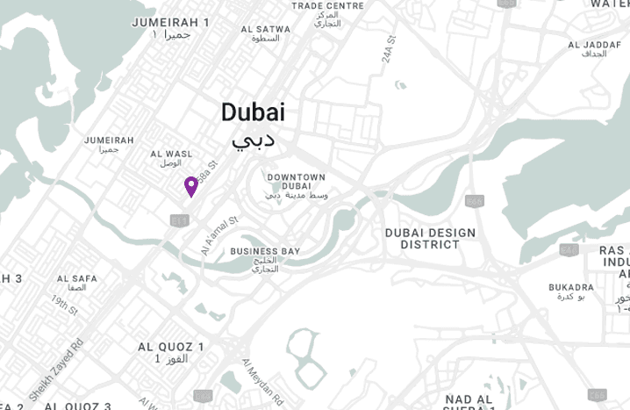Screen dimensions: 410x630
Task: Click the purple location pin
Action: coord(190,186)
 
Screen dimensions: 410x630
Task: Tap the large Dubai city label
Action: coord(253,112)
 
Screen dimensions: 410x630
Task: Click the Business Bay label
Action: coord(265,252)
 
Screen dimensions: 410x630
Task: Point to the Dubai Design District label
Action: coord(430,239)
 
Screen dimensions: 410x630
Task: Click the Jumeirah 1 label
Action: coord(170,22)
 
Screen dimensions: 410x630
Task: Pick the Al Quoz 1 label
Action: coord(171,347)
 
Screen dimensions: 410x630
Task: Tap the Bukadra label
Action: coord(570,287)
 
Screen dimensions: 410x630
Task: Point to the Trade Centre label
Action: coord(327,5)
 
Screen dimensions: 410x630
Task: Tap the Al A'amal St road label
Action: coord(219,236)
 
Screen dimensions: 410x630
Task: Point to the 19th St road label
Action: coord(64,306)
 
